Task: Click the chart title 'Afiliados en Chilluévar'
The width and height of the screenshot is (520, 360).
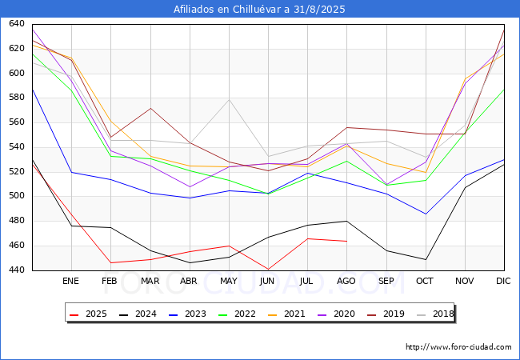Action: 260,9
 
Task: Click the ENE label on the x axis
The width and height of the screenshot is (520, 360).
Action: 71,281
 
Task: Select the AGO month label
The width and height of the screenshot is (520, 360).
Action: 346,281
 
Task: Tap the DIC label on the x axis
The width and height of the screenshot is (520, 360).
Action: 503,281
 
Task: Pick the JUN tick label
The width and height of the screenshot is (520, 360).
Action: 268,281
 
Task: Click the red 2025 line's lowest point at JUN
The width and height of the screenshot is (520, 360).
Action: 268,269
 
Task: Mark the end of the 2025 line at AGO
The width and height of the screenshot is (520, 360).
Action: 346,241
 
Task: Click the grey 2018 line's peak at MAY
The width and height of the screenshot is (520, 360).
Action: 229,99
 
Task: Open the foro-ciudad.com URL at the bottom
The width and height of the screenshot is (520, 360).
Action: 458,347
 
